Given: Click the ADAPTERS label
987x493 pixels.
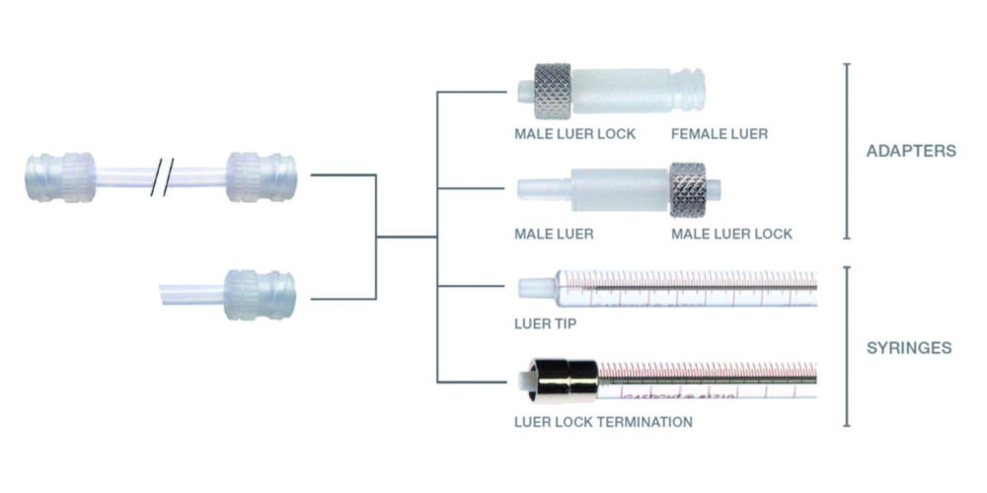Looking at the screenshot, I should pos(910,152).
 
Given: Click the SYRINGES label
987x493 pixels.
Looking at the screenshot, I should pos(909,348).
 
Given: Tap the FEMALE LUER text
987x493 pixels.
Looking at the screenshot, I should pos(719,133).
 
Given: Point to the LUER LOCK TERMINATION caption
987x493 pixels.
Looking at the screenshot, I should pos(603,422).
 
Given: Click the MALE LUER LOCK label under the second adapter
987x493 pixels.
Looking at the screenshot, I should pos(731,234).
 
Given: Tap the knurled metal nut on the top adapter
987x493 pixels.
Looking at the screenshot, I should pos(553,91).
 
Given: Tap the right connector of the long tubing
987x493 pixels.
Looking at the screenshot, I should pos(261,176).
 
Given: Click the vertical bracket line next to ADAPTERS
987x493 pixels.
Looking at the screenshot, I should pos(846,152).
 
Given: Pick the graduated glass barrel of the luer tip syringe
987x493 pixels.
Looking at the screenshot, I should pos(691,287).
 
